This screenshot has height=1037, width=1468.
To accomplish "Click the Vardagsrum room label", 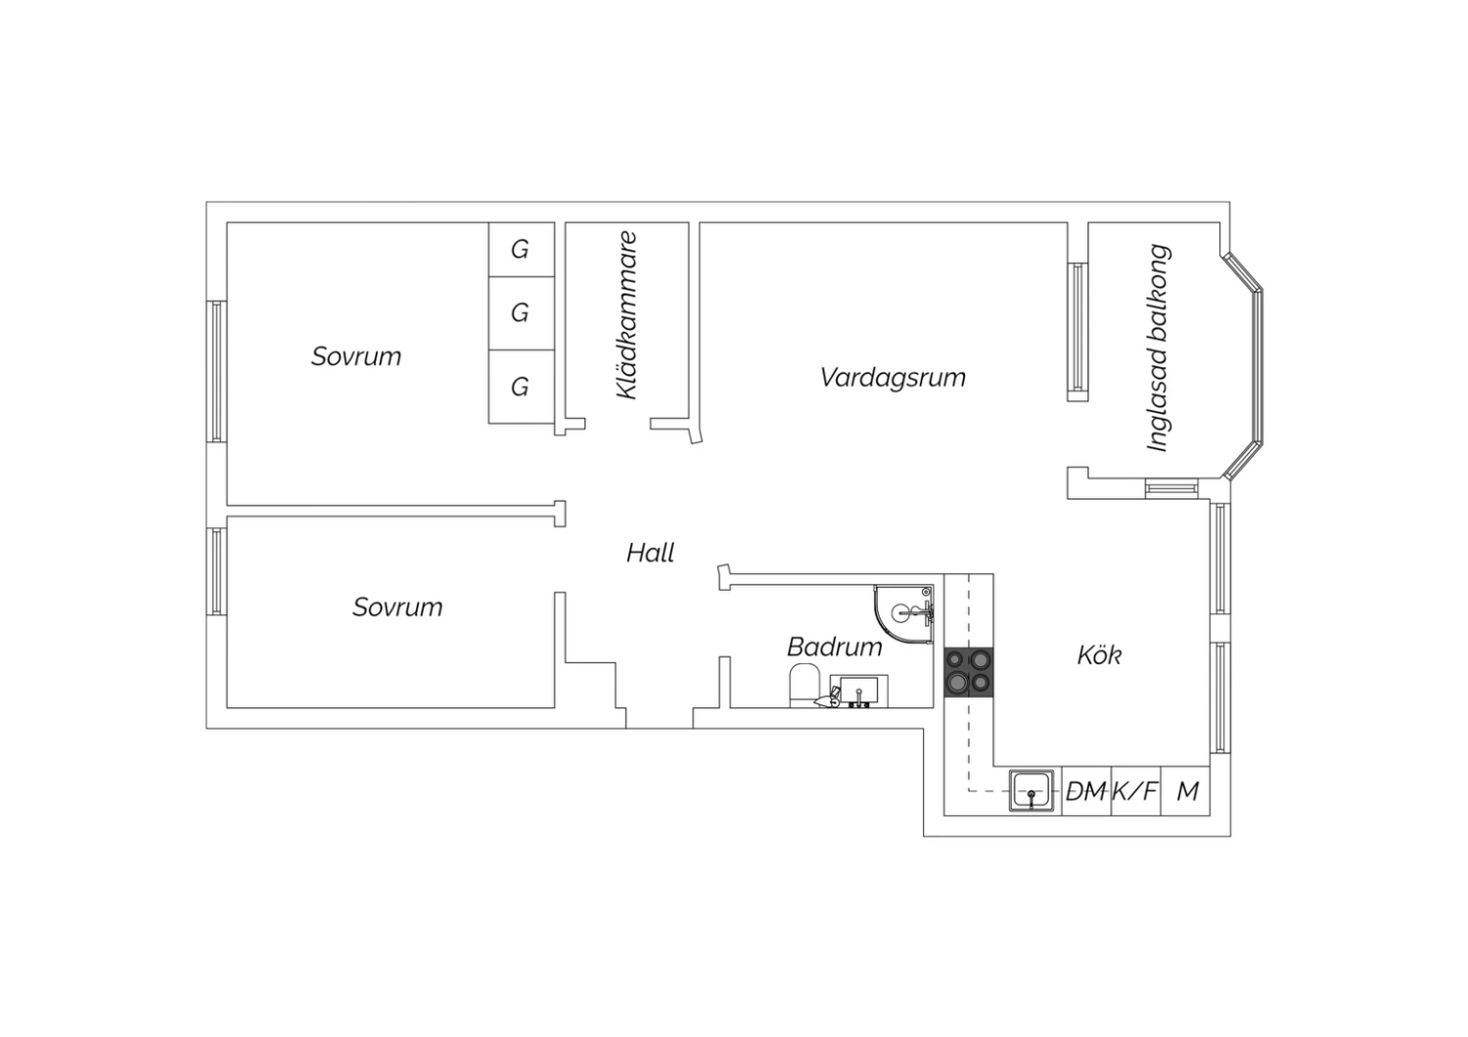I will tap(893, 378).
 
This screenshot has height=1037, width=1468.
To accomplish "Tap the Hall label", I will tap(650, 554).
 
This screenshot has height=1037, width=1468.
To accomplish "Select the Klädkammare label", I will tap(626, 315).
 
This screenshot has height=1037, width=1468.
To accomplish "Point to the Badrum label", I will tap(834, 647).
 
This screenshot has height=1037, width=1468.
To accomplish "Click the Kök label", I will tap(1098, 654).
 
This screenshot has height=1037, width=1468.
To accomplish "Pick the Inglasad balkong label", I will tap(1158, 348).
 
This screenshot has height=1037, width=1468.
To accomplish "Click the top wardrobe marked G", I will tap(521, 249).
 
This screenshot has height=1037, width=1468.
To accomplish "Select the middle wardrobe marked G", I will tap(521, 313).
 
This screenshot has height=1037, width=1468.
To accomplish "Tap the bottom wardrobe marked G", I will tap(521, 386).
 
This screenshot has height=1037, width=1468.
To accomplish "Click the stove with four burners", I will tap(968, 672).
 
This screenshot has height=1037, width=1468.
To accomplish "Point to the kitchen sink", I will tap(1033, 790).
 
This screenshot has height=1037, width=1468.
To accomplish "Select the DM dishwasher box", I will tap(1085, 790).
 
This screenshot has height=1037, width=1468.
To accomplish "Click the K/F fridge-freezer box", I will tap(1135, 790).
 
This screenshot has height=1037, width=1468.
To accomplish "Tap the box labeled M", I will tap(1186, 790).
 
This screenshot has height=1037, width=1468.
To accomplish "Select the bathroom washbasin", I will tap(858, 691).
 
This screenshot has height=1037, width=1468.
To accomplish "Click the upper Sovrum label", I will tap(356, 356).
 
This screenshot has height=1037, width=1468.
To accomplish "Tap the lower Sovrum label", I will tap(397, 608).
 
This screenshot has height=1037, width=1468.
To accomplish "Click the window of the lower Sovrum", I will tap(217, 571).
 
